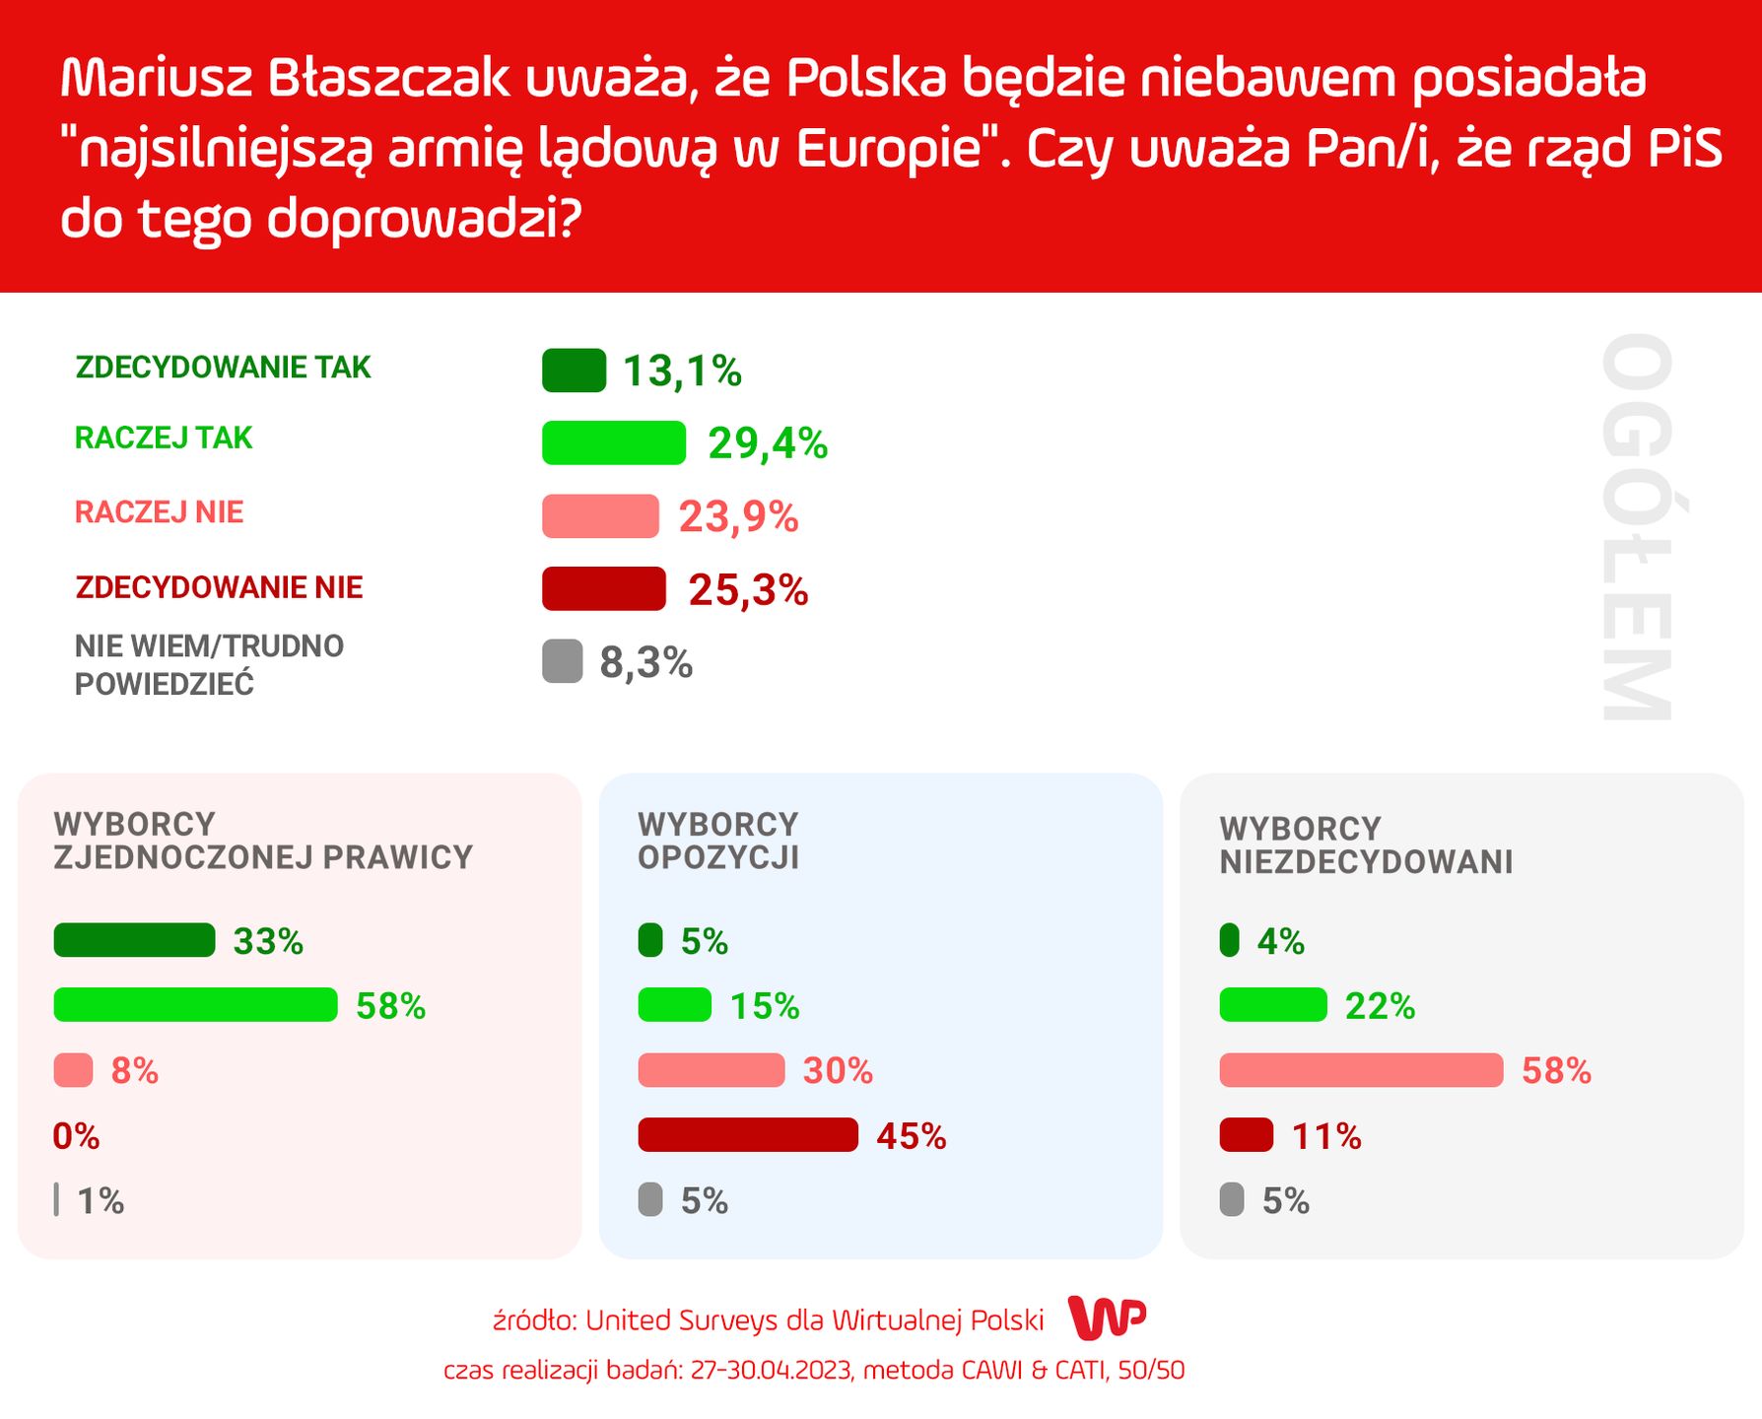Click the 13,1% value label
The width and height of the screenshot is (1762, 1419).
(682, 372)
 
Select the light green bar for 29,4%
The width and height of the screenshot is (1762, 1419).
(613, 442)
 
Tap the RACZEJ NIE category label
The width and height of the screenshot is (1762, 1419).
(159, 512)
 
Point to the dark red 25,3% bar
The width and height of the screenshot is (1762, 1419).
(603, 589)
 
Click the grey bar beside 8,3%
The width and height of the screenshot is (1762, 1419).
(562, 661)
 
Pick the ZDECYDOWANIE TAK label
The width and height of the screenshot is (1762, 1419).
(223, 368)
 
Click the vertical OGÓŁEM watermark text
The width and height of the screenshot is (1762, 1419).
(1637, 527)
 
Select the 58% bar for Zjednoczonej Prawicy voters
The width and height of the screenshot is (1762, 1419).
(195, 1005)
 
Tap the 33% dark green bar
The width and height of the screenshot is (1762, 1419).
(134, 940)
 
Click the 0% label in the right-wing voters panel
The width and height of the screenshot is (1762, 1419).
(76, 1136)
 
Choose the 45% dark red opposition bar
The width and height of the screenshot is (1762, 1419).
(748, 1135)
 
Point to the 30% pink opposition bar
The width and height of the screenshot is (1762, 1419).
(711, 1070)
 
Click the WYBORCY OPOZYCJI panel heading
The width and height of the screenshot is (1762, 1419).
(717, 841)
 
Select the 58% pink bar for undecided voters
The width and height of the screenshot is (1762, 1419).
(1360, 1070)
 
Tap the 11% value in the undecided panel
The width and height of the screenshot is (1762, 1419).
(1326, 1136)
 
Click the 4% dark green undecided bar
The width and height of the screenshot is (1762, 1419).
(1229, 940)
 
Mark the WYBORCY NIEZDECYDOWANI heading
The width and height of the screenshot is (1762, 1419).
(1365, 845)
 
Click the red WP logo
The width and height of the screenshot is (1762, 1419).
(1108, 1318)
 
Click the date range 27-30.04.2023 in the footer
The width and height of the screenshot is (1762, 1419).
(771, 1371)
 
